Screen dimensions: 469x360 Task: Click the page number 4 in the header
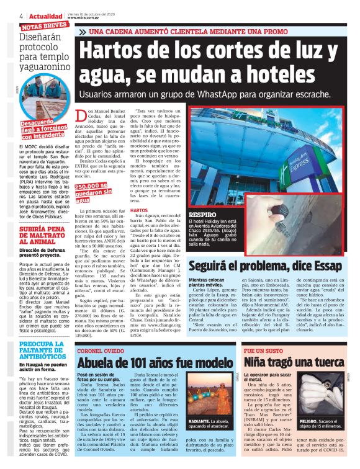[4, 16]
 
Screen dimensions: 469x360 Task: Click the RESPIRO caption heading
[202, 214]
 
